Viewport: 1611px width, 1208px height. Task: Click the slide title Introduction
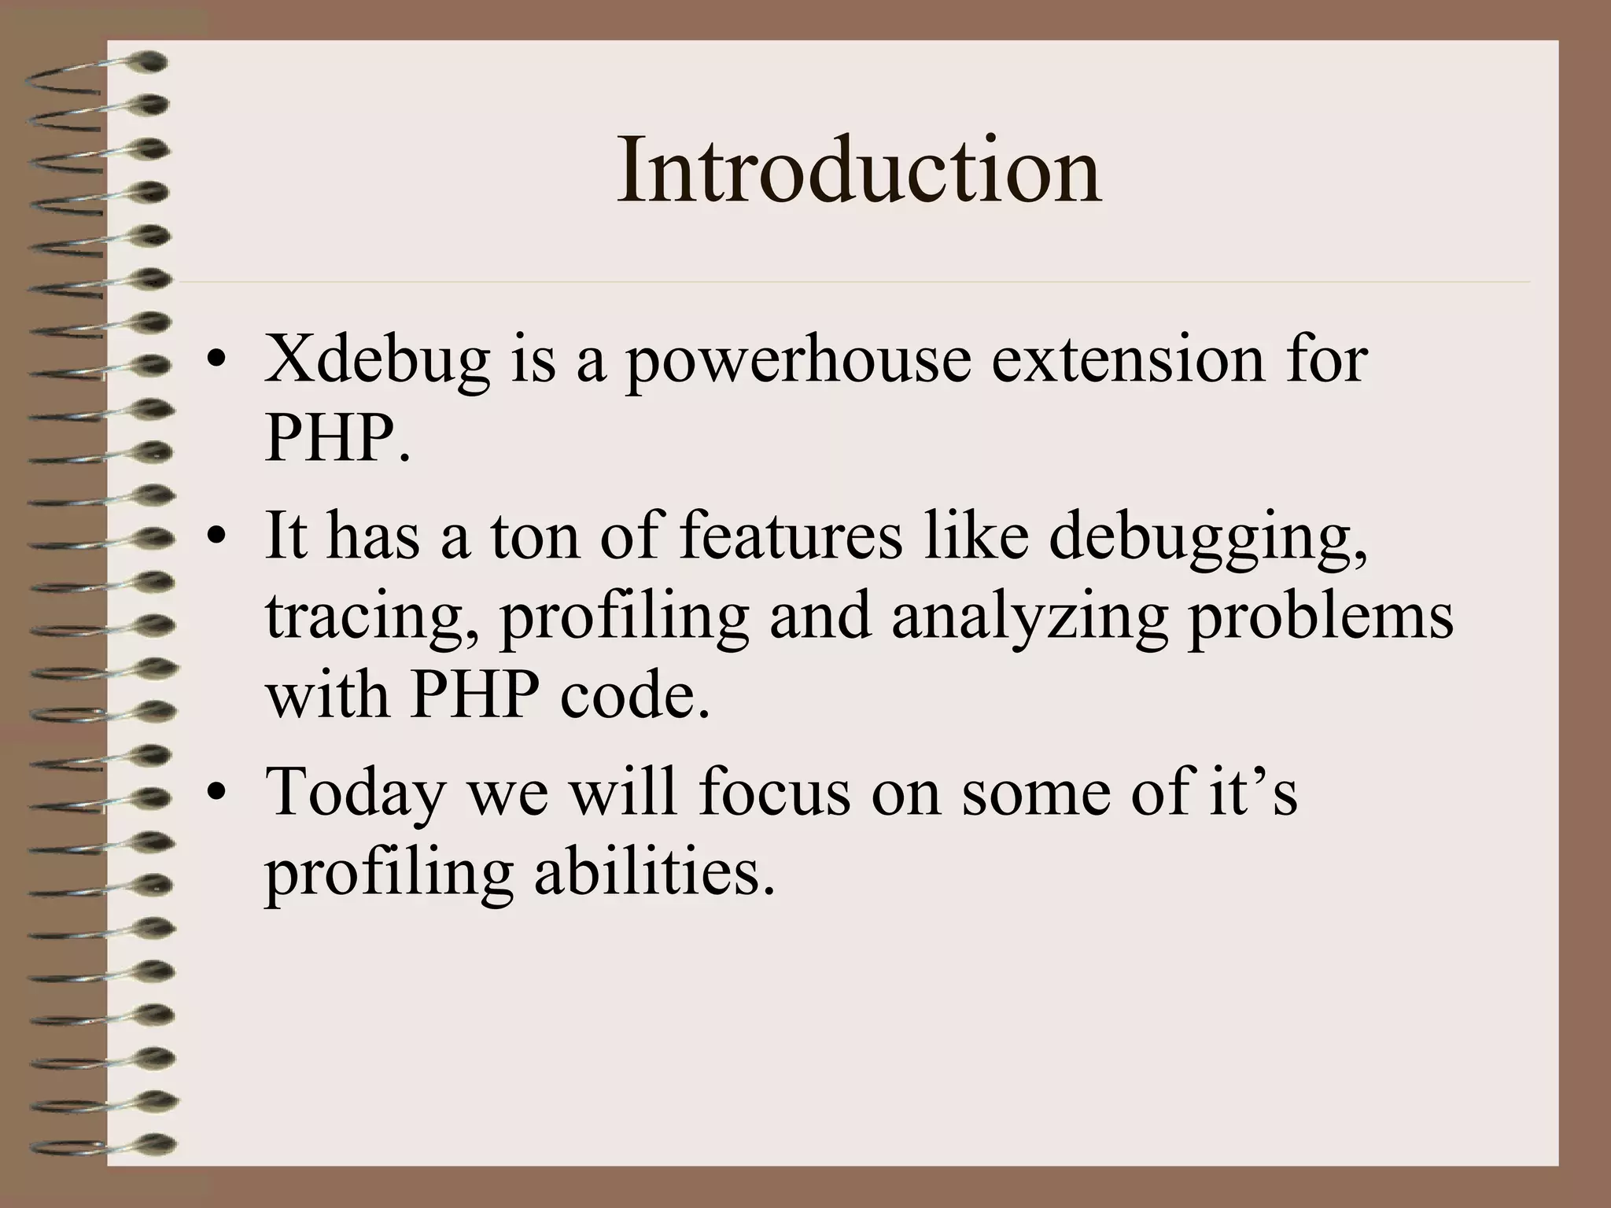pyautogui.click(x=858, y=170)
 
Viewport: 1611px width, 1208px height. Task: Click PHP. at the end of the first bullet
pyautogui.click(x=337, y=439)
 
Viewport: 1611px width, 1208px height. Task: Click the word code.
pyautogui.click(x=634, y=696)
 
